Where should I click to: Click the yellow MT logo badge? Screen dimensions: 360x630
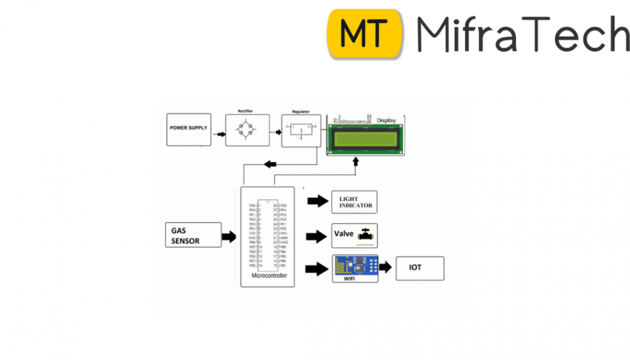click(x=365, y=33)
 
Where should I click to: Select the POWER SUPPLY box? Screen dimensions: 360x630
click(x=188, y=129)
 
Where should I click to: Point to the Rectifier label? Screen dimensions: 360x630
click(x=245, y=112)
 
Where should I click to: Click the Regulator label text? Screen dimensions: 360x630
click(x=301, y=112)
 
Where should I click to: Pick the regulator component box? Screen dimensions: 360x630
click(x=301, y=131)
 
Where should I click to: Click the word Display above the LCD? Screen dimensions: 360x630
click(x=386, y=120)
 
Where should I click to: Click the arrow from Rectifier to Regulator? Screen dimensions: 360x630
click(x=275, y=132)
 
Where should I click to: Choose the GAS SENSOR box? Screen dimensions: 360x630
click(x=193, y=235)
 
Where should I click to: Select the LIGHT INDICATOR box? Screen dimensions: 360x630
click(x=355, y=202)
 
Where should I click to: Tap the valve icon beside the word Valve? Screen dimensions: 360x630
click(x=366, y=234)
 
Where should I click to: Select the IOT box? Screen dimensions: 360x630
click(x=420, y=268)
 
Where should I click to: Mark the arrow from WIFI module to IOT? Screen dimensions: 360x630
click(x=386, y=268)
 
